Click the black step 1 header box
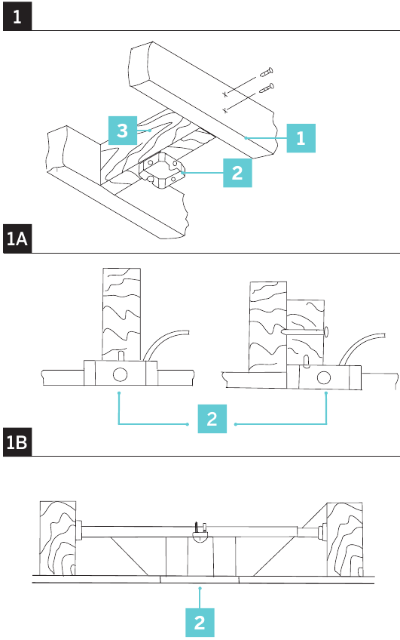point(17,16)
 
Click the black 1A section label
point(17,238)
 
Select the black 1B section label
point(17,442)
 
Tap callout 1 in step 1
point(301,138)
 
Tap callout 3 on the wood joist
point(123,131)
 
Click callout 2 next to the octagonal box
point(237,173)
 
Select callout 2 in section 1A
point(212,419)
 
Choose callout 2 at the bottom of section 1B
point(200,623)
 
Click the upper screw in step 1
point(267,72)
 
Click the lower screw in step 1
point(267,88)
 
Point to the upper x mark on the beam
point(224,94)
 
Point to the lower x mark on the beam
point(224,110)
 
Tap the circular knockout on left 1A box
point(120,374)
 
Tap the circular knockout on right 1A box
point(324,377)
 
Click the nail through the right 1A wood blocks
point(305,331)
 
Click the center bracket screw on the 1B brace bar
point(197,527)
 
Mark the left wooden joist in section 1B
point(58,538)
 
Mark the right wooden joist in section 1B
point(344,539)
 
